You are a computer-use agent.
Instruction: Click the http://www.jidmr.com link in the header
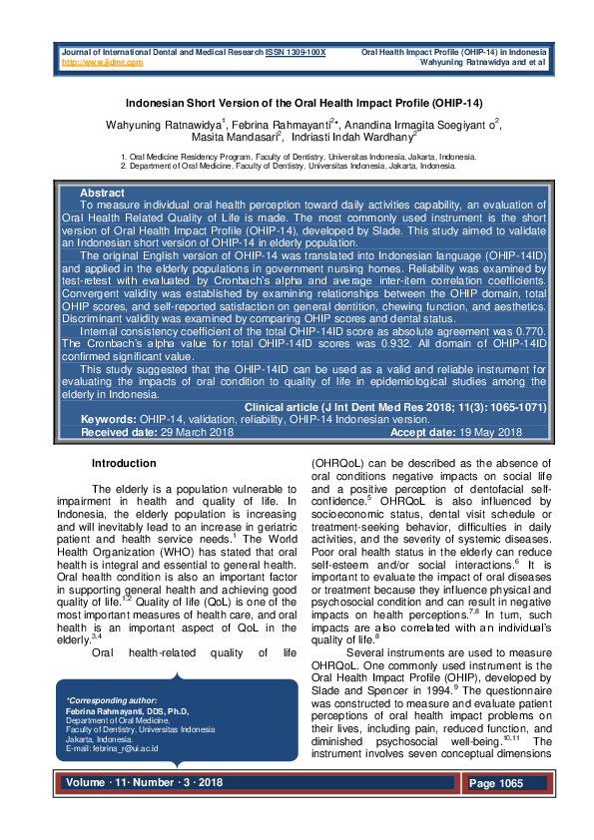pyautogui.click(x=102, y=62)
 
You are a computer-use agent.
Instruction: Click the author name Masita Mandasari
pyautogui.click(x=240, y=138)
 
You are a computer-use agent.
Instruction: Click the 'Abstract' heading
pyautogui.click(x=101, y=193)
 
